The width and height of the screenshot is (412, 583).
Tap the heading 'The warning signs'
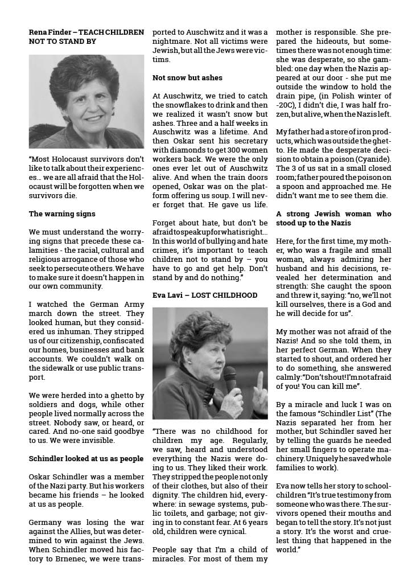61,214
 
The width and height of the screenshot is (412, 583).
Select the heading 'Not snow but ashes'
187,77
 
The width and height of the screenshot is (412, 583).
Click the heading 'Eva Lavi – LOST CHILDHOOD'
204,295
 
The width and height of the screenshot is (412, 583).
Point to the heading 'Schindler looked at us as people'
86,458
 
